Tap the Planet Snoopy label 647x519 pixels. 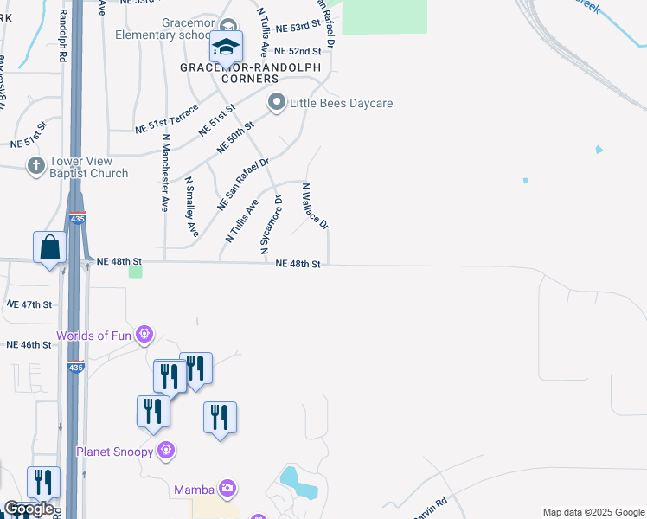(x=114, y=452)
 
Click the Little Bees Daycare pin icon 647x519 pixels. (x=277, y=103)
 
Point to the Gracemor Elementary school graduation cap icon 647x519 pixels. (x=226, y=46)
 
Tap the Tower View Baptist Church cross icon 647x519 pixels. (x=36, y=164)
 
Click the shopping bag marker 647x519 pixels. (x=50, y=248)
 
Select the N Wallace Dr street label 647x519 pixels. (x=314, y=206)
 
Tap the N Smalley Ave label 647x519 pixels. (x=192, y=208)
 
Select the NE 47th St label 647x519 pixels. (x=30, y=304)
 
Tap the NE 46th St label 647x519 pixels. (x=29, y=344)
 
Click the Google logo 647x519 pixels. (x=29, y=509)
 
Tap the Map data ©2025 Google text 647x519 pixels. (x=593, y=512)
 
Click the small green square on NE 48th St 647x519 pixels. (x=135, y=272)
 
